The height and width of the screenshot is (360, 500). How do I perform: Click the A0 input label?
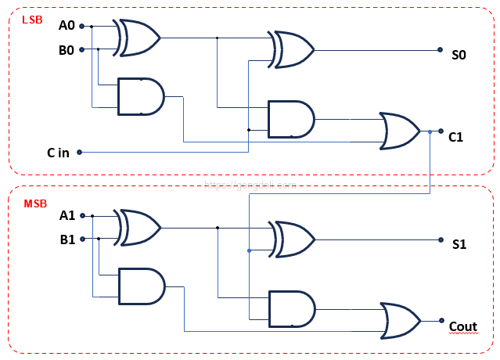click(x=67, y=26)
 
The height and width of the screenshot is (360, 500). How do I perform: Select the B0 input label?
click(x=67, y=50)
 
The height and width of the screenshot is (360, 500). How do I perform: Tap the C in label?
click(x=57, y=153)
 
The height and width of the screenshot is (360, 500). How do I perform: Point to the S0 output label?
click(x=459, y=56)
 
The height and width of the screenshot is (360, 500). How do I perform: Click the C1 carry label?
click(x=456, y=137)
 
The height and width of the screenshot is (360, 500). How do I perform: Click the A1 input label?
click(x=67, y=216)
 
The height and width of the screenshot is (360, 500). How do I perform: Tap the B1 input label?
click(x=67, y=239)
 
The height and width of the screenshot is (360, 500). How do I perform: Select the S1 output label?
click(x=459, y=244)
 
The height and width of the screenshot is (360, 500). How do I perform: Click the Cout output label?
click(x=462, y=326)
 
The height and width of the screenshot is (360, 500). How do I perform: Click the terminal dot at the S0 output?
click(x=440, y=50)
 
